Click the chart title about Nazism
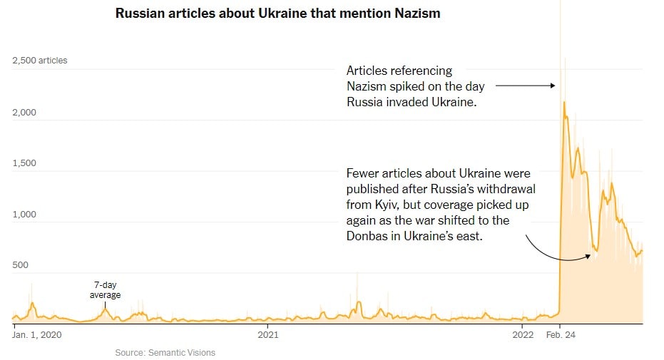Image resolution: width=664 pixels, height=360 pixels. (277, 14)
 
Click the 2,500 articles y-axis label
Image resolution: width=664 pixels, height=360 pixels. (40, 61)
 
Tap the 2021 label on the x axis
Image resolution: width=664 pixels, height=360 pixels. (267, 333)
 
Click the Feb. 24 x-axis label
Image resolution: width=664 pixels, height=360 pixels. (561, 333)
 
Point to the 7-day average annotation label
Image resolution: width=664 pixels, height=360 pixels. (105, 290)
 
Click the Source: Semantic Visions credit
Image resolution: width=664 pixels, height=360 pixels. (165, 352)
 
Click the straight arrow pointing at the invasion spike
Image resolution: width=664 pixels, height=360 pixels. (524, 86)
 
